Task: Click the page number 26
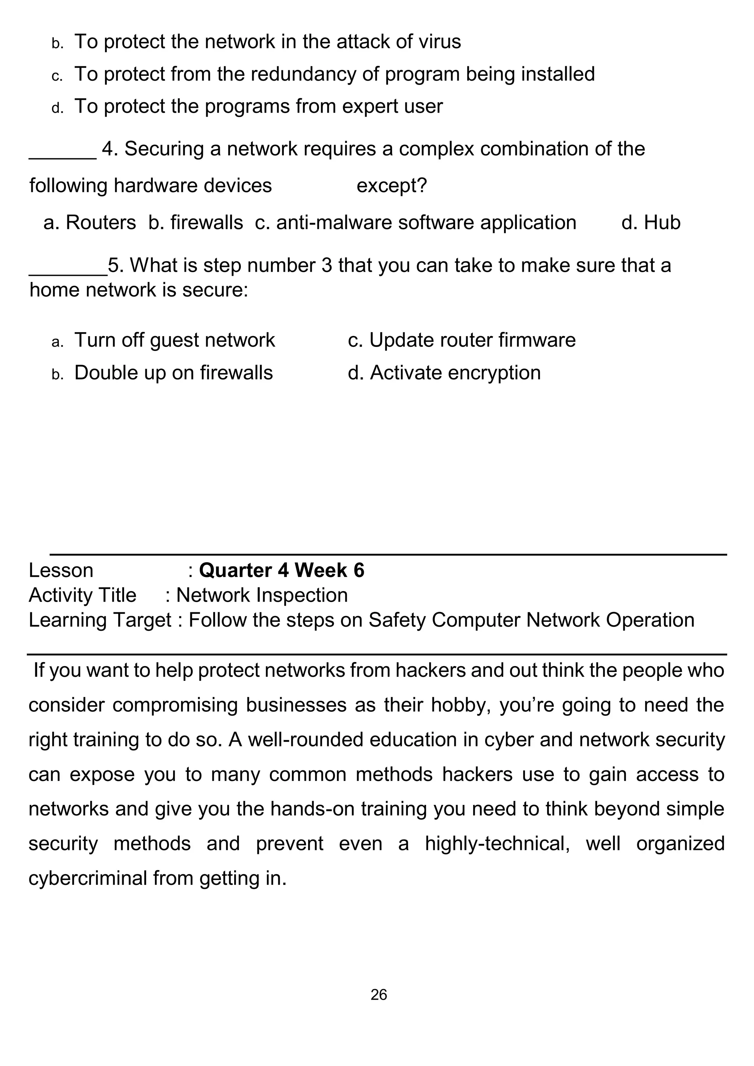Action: coord(378,995)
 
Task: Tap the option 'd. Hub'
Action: coord(651,222)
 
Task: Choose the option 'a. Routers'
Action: coord(89,222)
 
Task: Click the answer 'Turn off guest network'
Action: coord(174,340)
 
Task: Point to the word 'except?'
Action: coord(391,186)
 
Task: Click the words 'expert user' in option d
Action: coord(392,106)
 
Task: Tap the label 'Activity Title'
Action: coord(82,595)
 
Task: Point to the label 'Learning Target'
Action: coord(100,620)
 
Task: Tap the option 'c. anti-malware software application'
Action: coord(416,222)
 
